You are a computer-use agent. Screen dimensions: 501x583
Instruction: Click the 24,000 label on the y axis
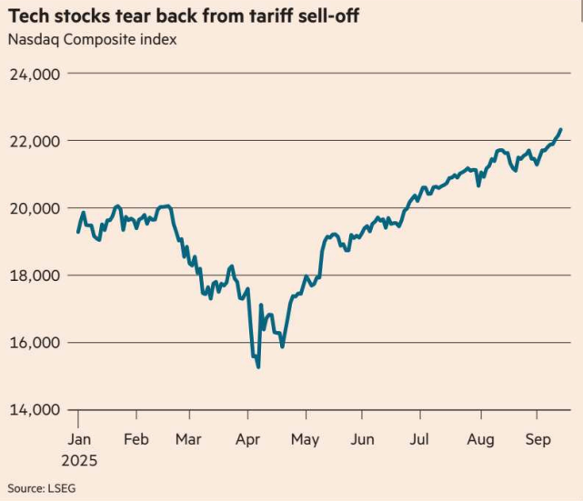pyautogui.click(x=34, y=74)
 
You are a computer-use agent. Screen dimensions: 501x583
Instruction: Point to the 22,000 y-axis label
pyautogui.click(x=34, y=141)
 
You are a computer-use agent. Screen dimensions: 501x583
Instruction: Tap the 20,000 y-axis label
pyautogui.click(x=34, y=208)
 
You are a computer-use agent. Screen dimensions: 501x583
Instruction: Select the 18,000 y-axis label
pyautogui.click(x=34, y=276)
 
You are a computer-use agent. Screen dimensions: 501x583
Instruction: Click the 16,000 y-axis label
pyautogui.click(x=34, y=343)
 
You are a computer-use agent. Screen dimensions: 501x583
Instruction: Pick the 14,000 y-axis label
pyautogui.click(x=34, y=410)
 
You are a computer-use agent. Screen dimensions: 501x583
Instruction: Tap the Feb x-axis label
pyautogui.click(x=136, y=440)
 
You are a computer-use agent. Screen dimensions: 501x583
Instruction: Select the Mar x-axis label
pyautogui.click(x=188, y=440)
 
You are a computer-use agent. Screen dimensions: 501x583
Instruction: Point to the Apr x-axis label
pyautogui.click(x=247, y=440)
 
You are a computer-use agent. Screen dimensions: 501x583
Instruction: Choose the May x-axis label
pyautogui.click(x=305, y=440)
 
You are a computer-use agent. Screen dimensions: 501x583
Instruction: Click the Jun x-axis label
pyautogui.click(x=362, y=440)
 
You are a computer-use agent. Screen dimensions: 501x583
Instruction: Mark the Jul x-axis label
pyautogui.click(x=420, y=440)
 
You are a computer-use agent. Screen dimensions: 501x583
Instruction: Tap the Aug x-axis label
pyautogui.click(x=480, y=440)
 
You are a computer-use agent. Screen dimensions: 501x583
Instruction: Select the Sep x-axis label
pyautogui.click(x=538, y=440)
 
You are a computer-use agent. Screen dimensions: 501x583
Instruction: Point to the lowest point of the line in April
pyautogui.click(x=258, y=367)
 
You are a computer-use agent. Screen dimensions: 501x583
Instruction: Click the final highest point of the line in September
pyautogui.click(x=561, y=129)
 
